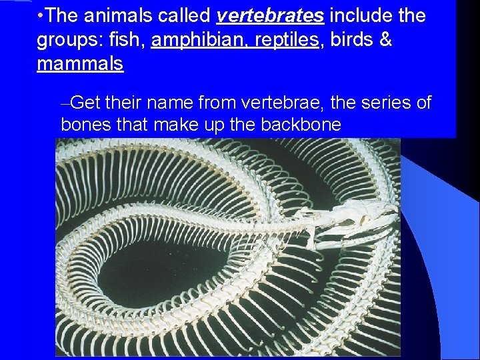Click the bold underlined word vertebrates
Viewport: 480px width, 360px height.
[x=270, y=15]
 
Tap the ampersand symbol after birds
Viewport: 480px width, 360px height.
[x=385, y=40]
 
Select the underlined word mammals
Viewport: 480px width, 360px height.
[x=80, y=65]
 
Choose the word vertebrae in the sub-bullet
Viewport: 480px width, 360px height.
[x=283, y=103]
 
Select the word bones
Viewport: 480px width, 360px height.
[x=83, y=125]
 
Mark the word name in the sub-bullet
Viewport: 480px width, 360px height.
[x=170, y=103]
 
